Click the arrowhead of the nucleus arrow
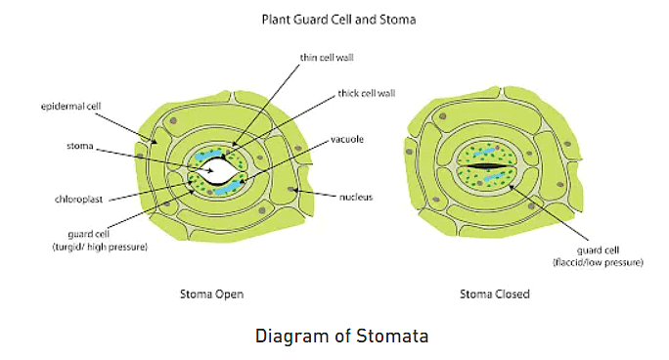[x=290, y=190]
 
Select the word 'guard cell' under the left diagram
[x=87, y=235]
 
